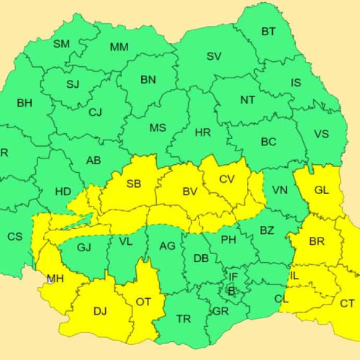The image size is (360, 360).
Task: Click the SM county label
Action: coord(61,44)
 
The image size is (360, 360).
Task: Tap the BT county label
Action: coord(269,32)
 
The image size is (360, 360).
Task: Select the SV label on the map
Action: coord(214,56)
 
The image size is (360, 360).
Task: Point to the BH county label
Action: coord(24,103)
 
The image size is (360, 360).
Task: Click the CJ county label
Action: coord(95,112)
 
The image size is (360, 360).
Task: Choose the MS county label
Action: coord(158,128)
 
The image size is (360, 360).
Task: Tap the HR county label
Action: coord(202,132)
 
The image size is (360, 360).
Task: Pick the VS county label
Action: coord(321,134)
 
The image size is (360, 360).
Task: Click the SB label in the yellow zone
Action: coord(134,184)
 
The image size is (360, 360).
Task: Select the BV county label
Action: coord(190,192)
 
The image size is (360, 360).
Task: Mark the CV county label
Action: coord(227,179)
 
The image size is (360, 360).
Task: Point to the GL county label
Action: coord(322,191)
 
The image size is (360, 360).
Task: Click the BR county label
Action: coord(317,242)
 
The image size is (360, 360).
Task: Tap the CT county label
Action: coord(347,303)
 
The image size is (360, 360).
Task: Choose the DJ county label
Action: coord(100,311)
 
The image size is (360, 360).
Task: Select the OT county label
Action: coord(143,302)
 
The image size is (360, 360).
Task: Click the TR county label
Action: coord(184,318)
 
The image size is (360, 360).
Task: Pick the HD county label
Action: coord(63,192)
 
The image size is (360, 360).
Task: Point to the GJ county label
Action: coord(84,248)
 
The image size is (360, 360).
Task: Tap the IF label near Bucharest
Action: coord(233,276)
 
